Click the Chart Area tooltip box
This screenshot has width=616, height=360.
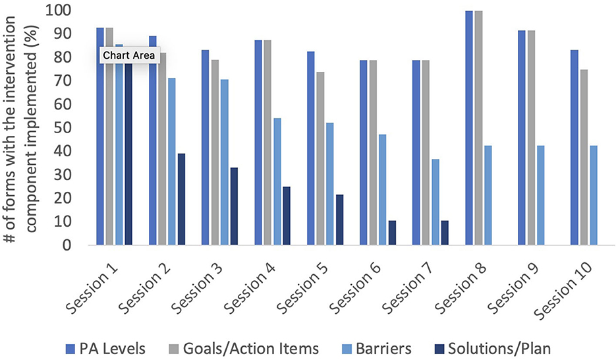pos(128,55)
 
